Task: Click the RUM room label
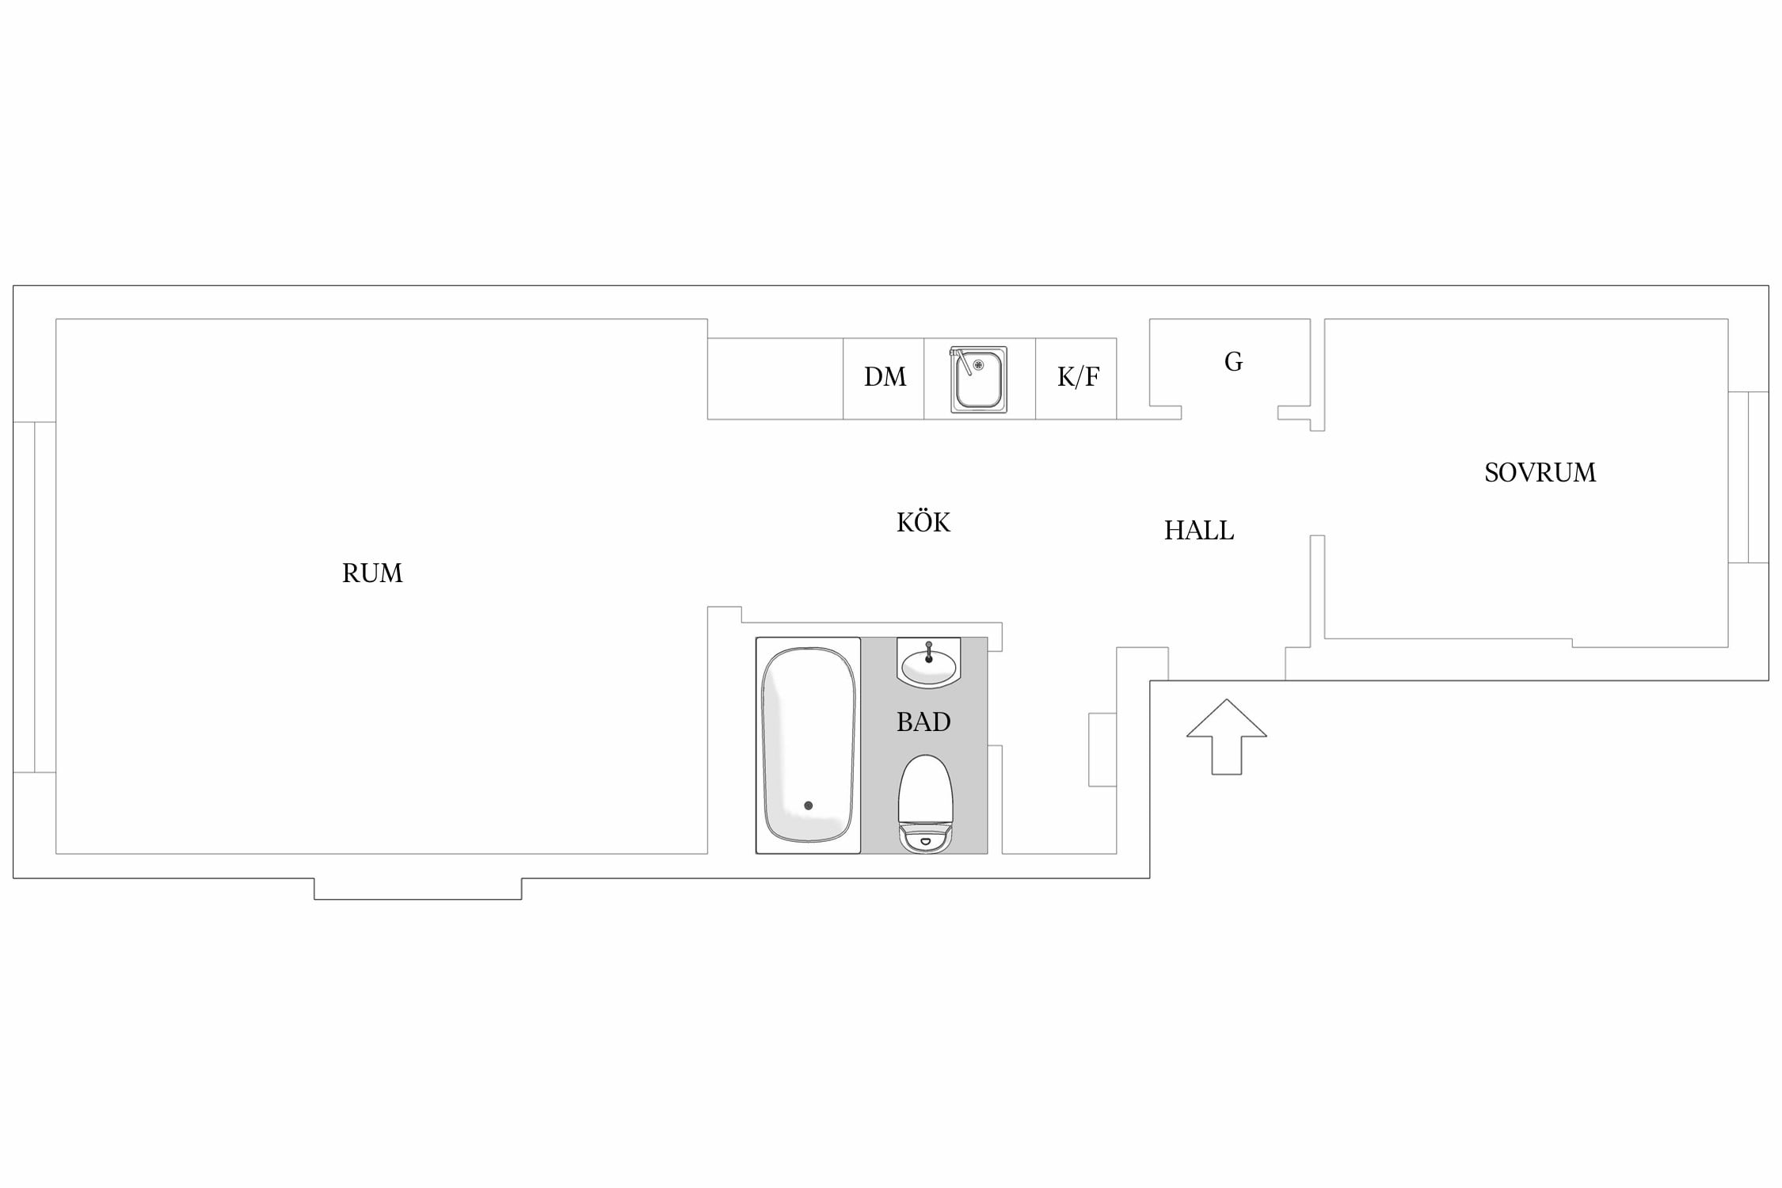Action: click(x=372, y=573)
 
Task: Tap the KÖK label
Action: click(x=923, y=522)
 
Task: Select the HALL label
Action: click(x=1199, y=531)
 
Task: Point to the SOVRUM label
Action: click(x=1540, y=473)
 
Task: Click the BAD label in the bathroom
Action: click(x=923, y=722)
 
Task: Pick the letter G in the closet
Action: click(x=1233, y=362)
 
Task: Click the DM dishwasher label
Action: click(x=885, y=377)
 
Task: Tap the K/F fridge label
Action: click(x=1078, y=377)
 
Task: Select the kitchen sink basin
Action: click(x=979, y=380)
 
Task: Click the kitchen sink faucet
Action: click(x=961, y=361)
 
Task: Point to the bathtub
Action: click(x=808, y=745)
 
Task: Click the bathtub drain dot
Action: click(x=808, y=805)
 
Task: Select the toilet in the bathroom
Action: click(x=925, y=803)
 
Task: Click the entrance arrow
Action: click(x=1226, y=737)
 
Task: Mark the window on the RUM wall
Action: click(x=35, y=597)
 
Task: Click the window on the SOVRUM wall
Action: click(x=1748, y=478)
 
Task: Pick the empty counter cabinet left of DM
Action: click(x=775, y=379)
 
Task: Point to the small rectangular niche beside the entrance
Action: click(x=1102, y=749)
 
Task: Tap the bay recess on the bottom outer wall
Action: click(x=418, y=889)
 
